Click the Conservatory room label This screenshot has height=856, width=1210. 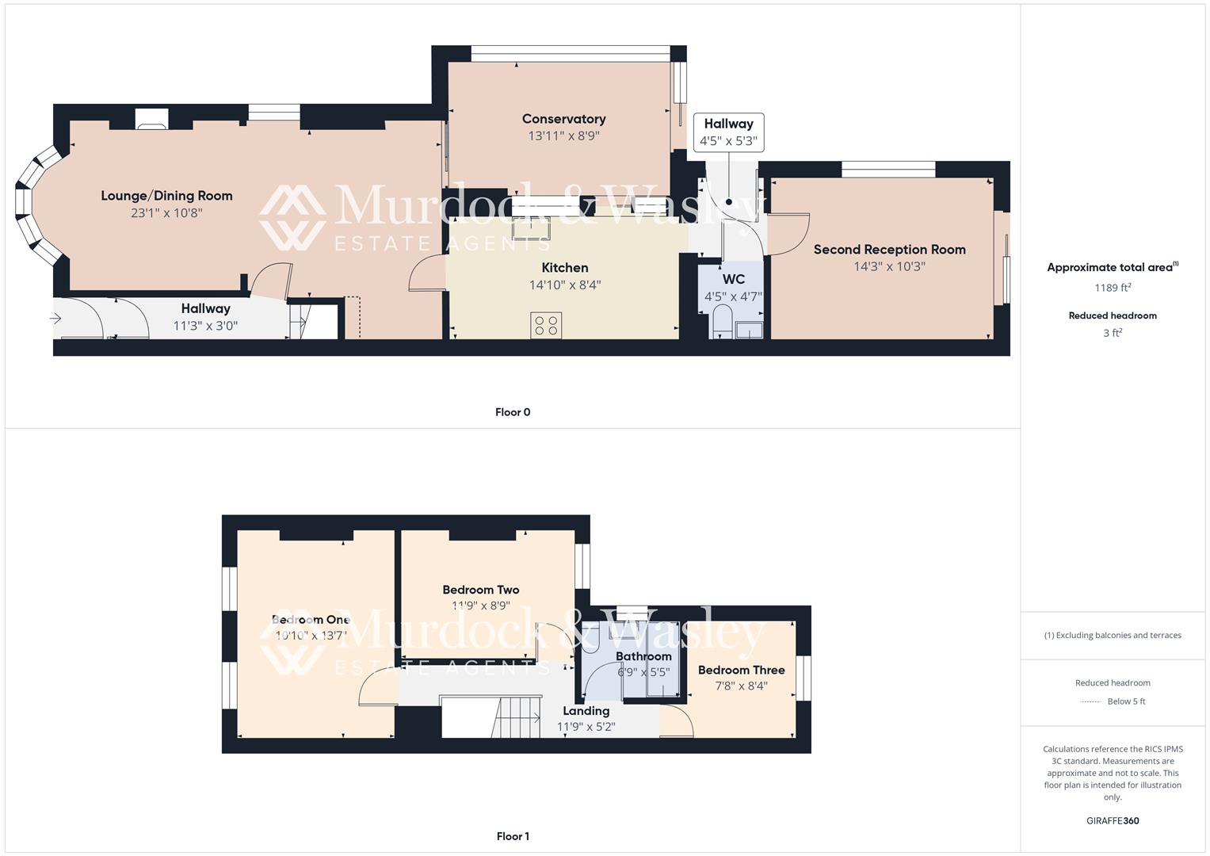click(563, 119)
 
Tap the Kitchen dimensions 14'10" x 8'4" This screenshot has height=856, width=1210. click(565, 285)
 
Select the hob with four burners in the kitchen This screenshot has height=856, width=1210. click(546, 325)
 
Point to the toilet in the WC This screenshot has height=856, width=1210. click(722, 323)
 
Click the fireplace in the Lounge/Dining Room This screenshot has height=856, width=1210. click(151, 118)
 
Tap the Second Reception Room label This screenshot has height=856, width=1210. click(889, 250)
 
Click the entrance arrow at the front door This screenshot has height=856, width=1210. click(56, 319)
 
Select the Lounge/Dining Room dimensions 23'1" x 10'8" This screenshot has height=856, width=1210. click(166, 212)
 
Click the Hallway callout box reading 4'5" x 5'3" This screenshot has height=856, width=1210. click(728, 133)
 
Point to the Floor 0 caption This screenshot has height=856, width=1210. click(513, 412)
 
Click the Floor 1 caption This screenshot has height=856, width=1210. click(513, 836)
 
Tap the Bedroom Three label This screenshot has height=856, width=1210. click(741, 670)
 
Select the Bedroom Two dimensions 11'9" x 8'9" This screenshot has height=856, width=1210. click(481, 606)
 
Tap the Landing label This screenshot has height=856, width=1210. click(586, 711)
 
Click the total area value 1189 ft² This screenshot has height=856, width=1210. click(1113, 288)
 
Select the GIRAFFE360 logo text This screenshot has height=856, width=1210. click(1113, 820)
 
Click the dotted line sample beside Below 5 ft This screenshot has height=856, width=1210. click(1090, 701)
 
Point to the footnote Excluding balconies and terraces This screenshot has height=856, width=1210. click(1113, 635)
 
